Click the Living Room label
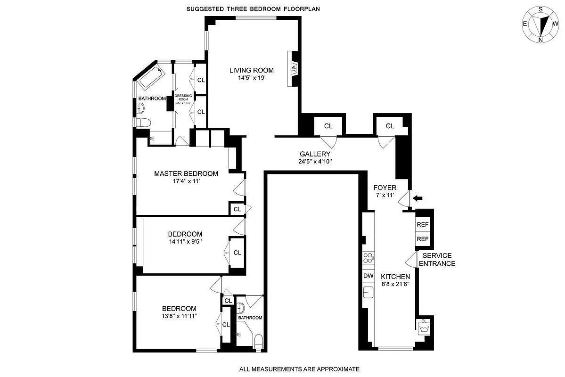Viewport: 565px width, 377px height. (x=251, y=70)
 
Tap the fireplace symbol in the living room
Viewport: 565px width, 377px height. (x=293, y=68)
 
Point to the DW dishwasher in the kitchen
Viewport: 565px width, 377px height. (x=368, y=276)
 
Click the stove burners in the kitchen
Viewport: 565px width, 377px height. (x=368, y=258)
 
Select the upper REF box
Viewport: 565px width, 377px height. (x=422, y=224)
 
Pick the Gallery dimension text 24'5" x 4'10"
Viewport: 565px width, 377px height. (x=315, y=162)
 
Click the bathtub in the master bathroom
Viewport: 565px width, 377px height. (x=151, y=77)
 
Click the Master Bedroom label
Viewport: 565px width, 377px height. (x=186, y=173)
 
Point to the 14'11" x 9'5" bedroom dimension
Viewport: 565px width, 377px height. (x=185, y=242)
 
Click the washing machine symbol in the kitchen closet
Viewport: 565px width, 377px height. (x=423, y=327)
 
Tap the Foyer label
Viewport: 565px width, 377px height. (x=385, y=188)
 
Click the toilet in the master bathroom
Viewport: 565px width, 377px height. (x=142, y=123)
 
